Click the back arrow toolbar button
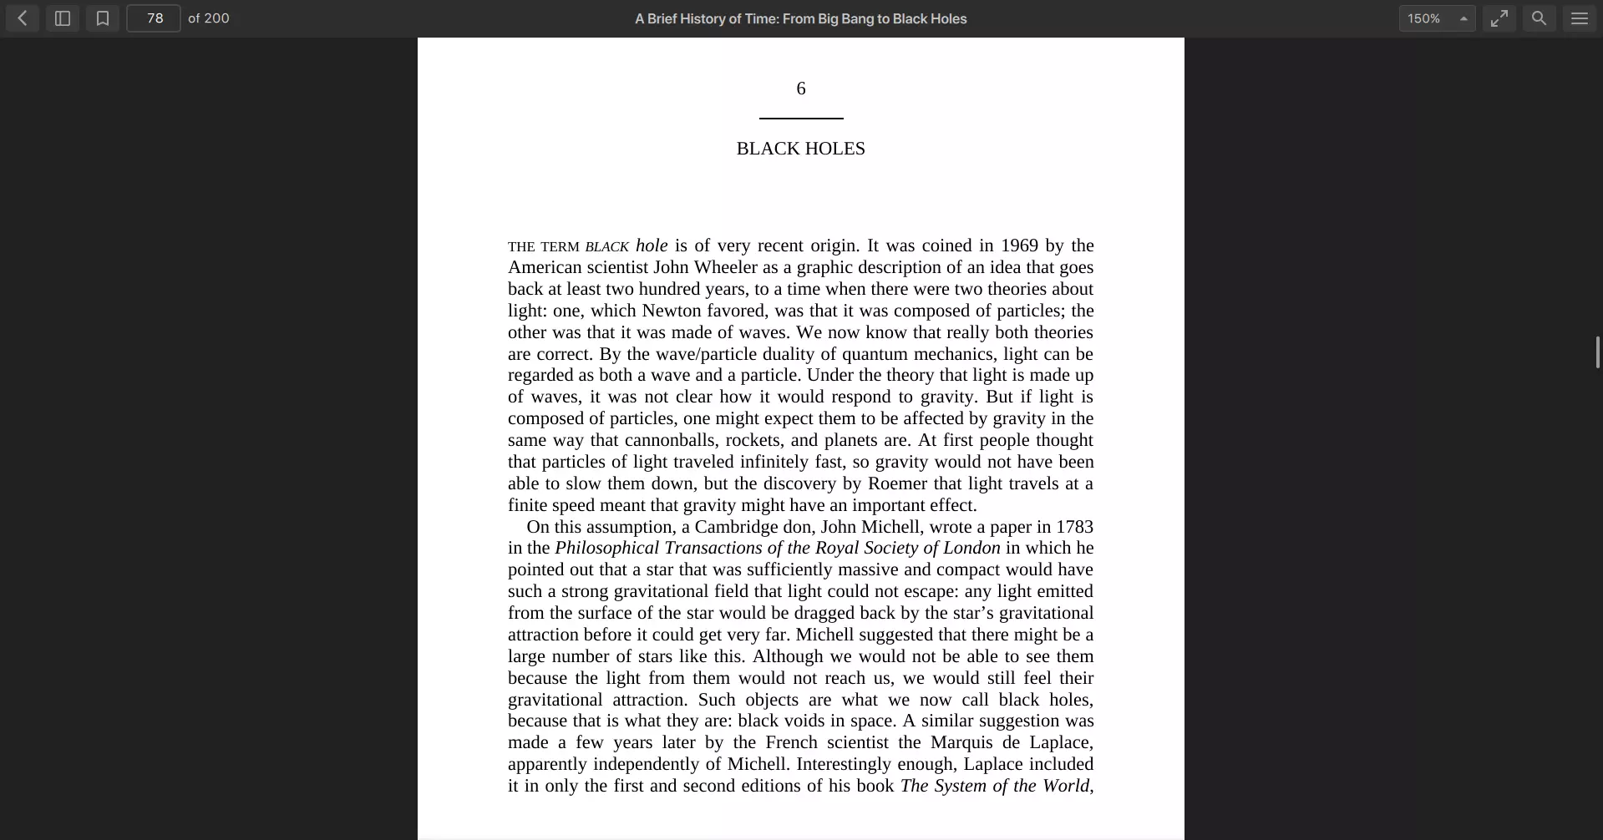tap(23, 18)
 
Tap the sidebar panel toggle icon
tap(63, 18)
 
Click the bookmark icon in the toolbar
tap(103, 18)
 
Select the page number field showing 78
tap(154, 18)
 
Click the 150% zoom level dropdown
tap(1437, 18)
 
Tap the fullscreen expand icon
tap(1499, 18)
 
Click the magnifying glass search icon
tap(1540, 18)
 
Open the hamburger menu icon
tap(1580, 18)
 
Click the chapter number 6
tap(801, 89)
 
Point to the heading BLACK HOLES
tap(800, 149)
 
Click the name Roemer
tap(897, 483)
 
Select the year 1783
tap(1074, 527)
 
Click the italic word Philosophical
tap(606, 548)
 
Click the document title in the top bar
tap(800, 18)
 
